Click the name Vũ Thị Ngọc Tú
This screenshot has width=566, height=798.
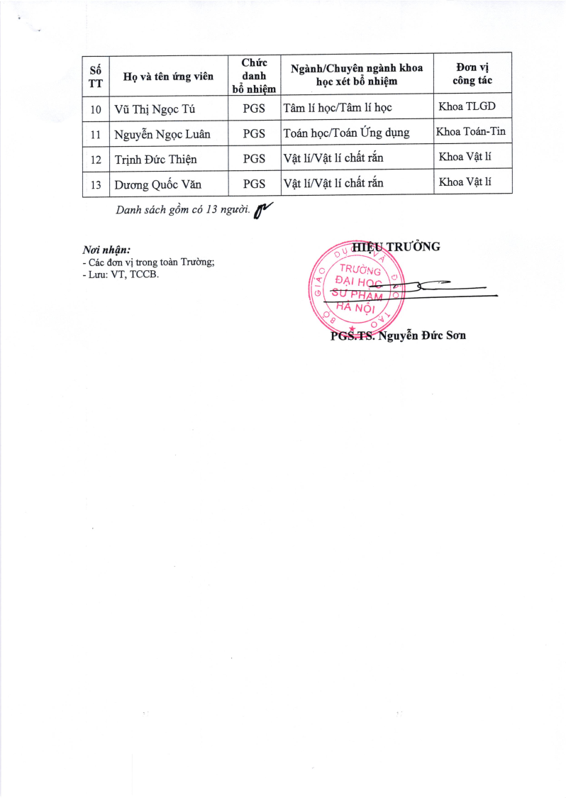(x=155, y=109)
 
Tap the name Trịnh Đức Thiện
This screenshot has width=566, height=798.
(x=155, y=159)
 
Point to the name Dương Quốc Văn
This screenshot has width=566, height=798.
(x=158, y=184)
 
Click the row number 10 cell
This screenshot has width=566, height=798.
(x=96, y=109)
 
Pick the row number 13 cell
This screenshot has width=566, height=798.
(x=96, y=184)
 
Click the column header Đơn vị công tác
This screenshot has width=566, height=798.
(x=472, y=74)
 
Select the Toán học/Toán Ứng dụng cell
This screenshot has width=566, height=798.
(x=346, y=133)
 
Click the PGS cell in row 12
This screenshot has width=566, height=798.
(x=254, y=159)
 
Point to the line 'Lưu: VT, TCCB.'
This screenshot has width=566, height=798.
(x=121, y=274)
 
